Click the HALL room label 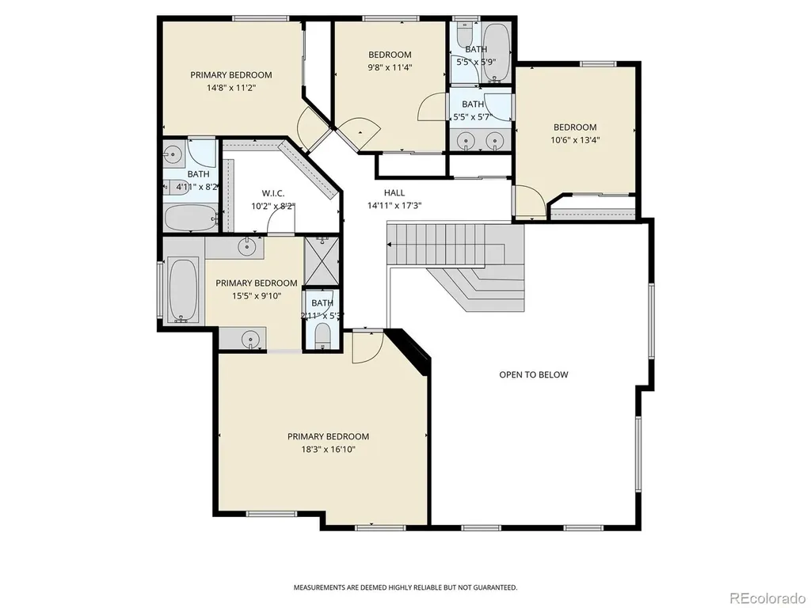394,193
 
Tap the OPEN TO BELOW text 533,374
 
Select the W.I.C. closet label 272,193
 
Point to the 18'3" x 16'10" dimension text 329,450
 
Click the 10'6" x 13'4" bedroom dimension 575,139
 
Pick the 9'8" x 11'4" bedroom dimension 390,66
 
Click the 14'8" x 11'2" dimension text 232,87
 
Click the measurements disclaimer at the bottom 405,587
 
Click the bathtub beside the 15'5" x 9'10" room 183,290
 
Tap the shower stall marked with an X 322,260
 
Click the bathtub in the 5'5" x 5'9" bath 496,52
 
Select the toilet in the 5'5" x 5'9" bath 465,33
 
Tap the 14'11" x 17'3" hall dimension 394,205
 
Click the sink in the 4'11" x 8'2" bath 172,153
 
